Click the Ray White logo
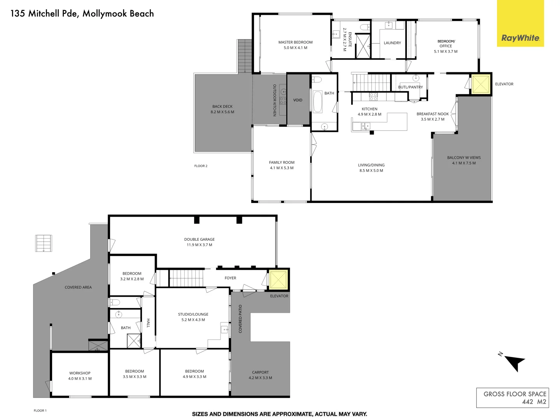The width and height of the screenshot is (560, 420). pyautogui.click(x=520, y=38)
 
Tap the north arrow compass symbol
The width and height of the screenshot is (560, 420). pyautogui.click(x=514, y=362)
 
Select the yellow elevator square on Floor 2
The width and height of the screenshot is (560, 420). pyautogui.click(x=480, y=84)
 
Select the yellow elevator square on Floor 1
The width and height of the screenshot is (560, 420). pyautogui.click(x=278, y=280)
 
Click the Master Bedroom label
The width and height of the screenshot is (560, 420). pyautogui.click(x=295, y=42)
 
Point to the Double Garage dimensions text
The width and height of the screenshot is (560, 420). pyautogui.click(x=199, y=245)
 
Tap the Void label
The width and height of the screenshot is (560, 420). pyautogui.click(x=297, y=100)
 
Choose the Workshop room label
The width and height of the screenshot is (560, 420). pyautogui.click(x=80, y=373)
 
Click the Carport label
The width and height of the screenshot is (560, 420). pyautogui.click(x=260, y=372)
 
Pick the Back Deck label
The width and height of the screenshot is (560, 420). pyautogui.click(x=222, y=107)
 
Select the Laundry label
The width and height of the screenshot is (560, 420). pyautogui.click(x=392, y=43)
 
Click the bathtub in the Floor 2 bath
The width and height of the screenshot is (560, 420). pyautogui.click(x=318, y=101)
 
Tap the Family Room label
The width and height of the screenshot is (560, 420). pyautogui.click(x=282, y=163)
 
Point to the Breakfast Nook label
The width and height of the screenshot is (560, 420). pyautogui.click(x=432, y=114)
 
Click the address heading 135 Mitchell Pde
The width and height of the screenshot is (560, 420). pyautogui.click(x=82, y=14)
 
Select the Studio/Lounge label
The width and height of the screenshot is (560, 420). pyautogui.click(x=193, y=314)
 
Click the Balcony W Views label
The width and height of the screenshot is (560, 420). pyautogui.click(x=464, y=157)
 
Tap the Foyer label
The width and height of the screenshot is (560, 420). pyautogui.click(x=230, y=278)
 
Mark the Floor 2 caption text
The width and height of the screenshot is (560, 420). pyautogui.click(x=201, y=166)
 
